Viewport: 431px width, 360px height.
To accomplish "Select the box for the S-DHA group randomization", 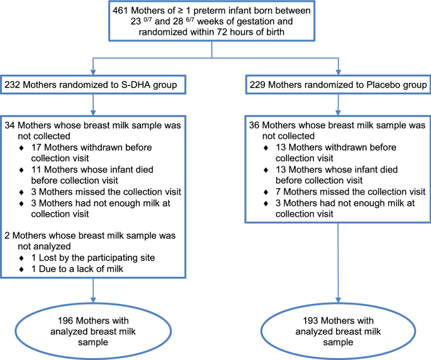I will (x=93, y=84).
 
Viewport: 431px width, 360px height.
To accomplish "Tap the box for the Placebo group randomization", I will (x=339, y=84).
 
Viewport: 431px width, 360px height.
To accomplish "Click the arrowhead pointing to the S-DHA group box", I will (x=93, y=69).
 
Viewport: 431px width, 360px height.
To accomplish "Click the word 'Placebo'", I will (x=374, y=84).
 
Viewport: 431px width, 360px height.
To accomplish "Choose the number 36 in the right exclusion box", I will (x=254, y=125).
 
